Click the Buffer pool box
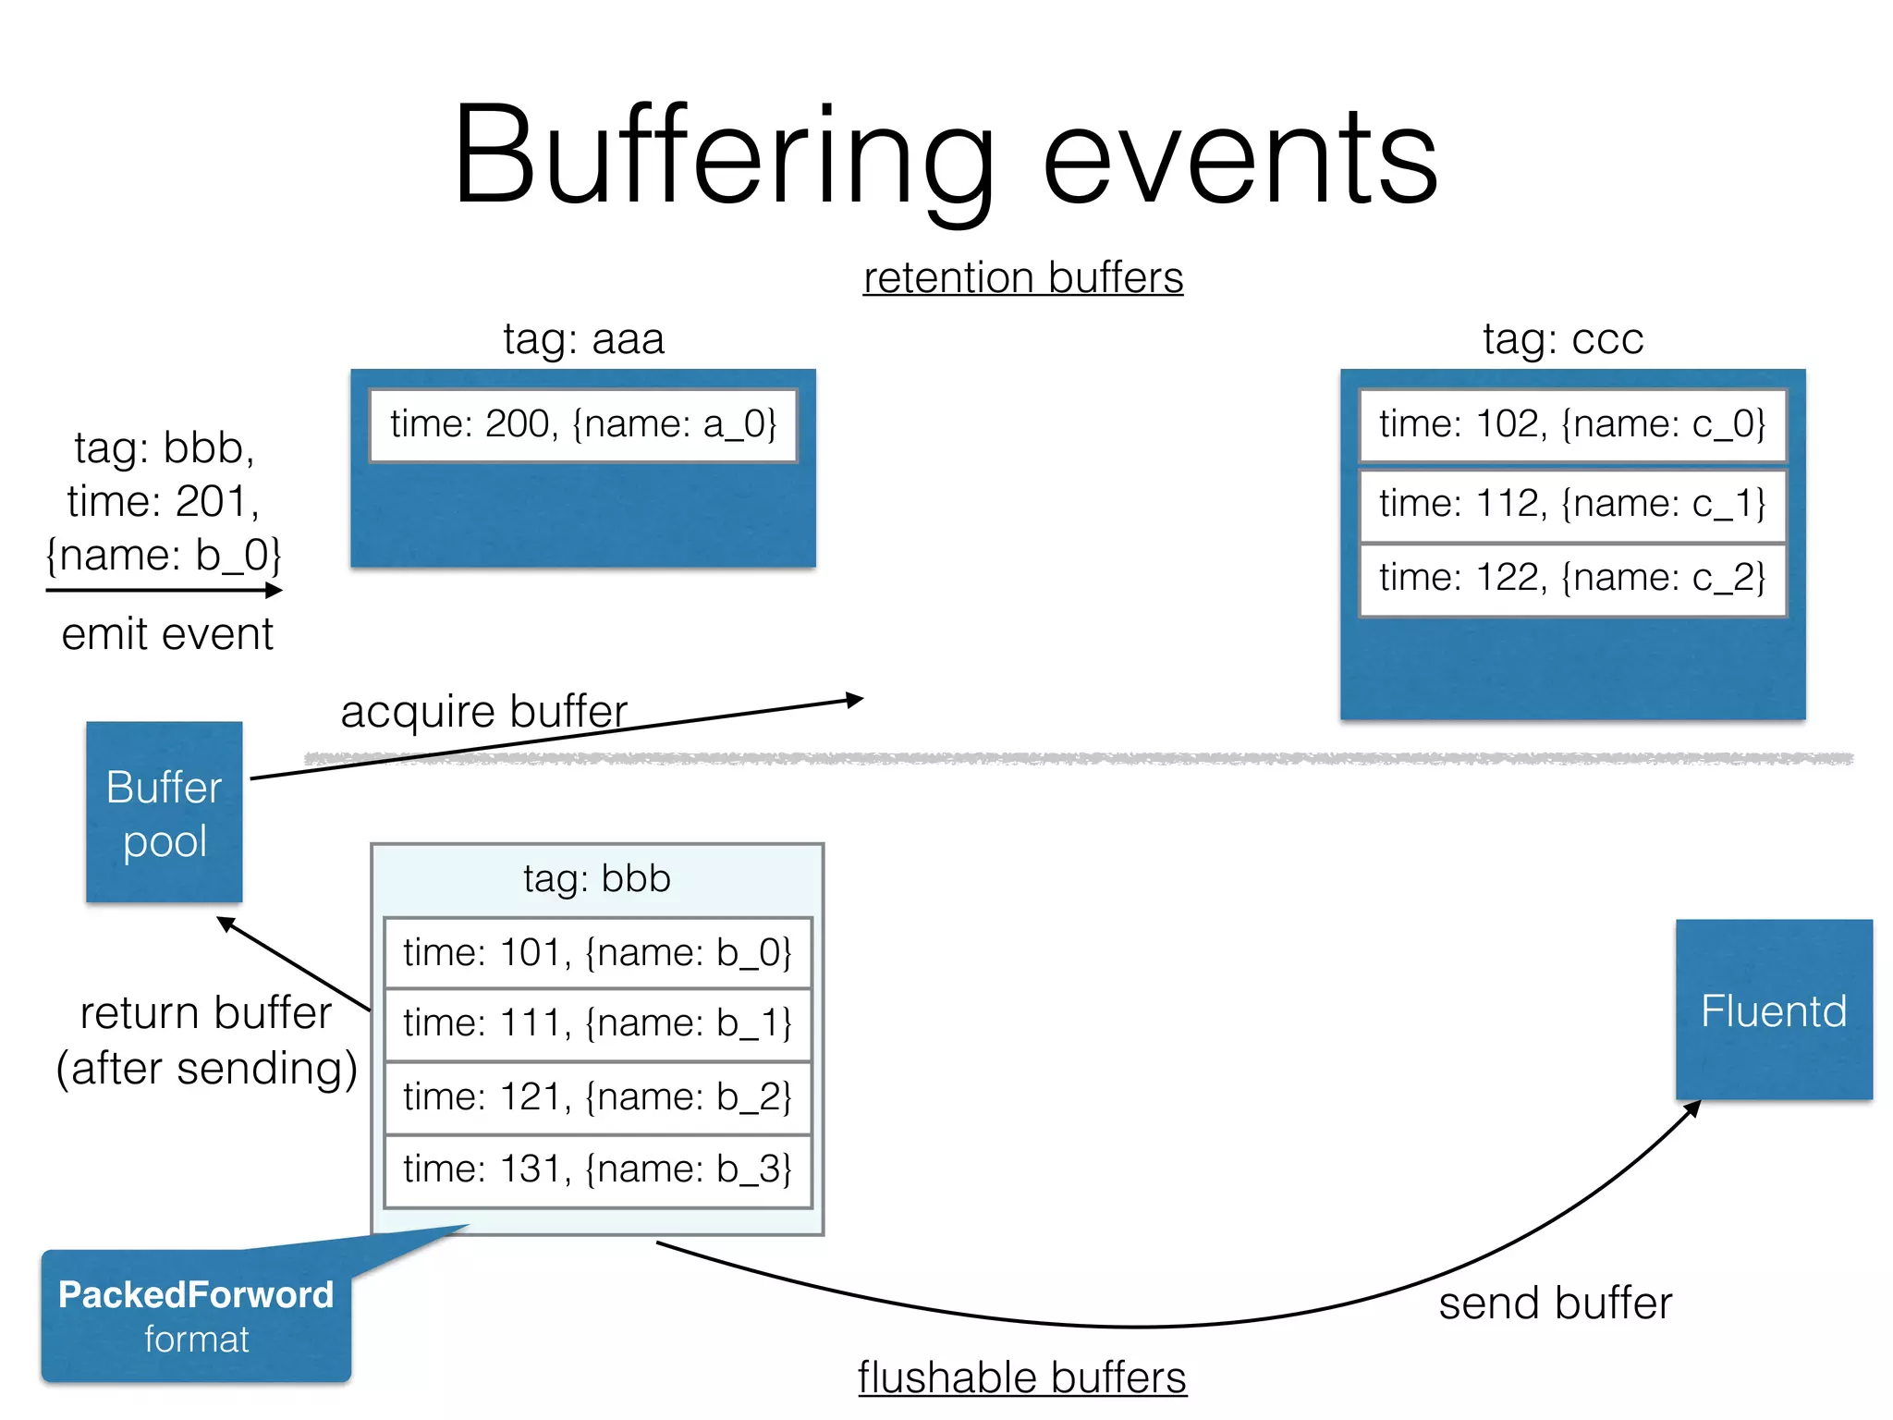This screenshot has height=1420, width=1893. tap(164, 812)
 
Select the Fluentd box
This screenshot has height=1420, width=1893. tap(1773, 1010)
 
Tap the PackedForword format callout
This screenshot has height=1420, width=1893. tap(196, 1316)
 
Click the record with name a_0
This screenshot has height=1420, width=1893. tap(582, 424)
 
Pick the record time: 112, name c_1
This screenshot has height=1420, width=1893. tap(1571, 504)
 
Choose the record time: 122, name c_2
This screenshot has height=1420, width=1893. tap(1571, 578)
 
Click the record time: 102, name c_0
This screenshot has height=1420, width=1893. tap(1571, 424)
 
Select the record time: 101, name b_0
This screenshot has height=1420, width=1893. tap(597, 952)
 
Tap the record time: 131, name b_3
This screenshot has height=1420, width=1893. tap(597, 1169)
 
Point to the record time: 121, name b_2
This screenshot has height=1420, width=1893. tap(597, 1097)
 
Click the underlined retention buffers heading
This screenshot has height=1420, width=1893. tap(1022, 277)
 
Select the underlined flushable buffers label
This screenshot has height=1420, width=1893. tap(1021, 1377)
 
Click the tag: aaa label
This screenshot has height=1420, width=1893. tap(583, 338)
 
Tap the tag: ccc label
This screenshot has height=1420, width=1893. tap(1563, 338)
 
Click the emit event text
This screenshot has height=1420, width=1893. tap(167, 634)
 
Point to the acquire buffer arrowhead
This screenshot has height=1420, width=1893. tap(856, 700)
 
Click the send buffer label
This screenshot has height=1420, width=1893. tap(1555, 1303)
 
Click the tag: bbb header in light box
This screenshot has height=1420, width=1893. tap(597, 878)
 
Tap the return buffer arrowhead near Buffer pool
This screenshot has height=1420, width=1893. tap(225, 923)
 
